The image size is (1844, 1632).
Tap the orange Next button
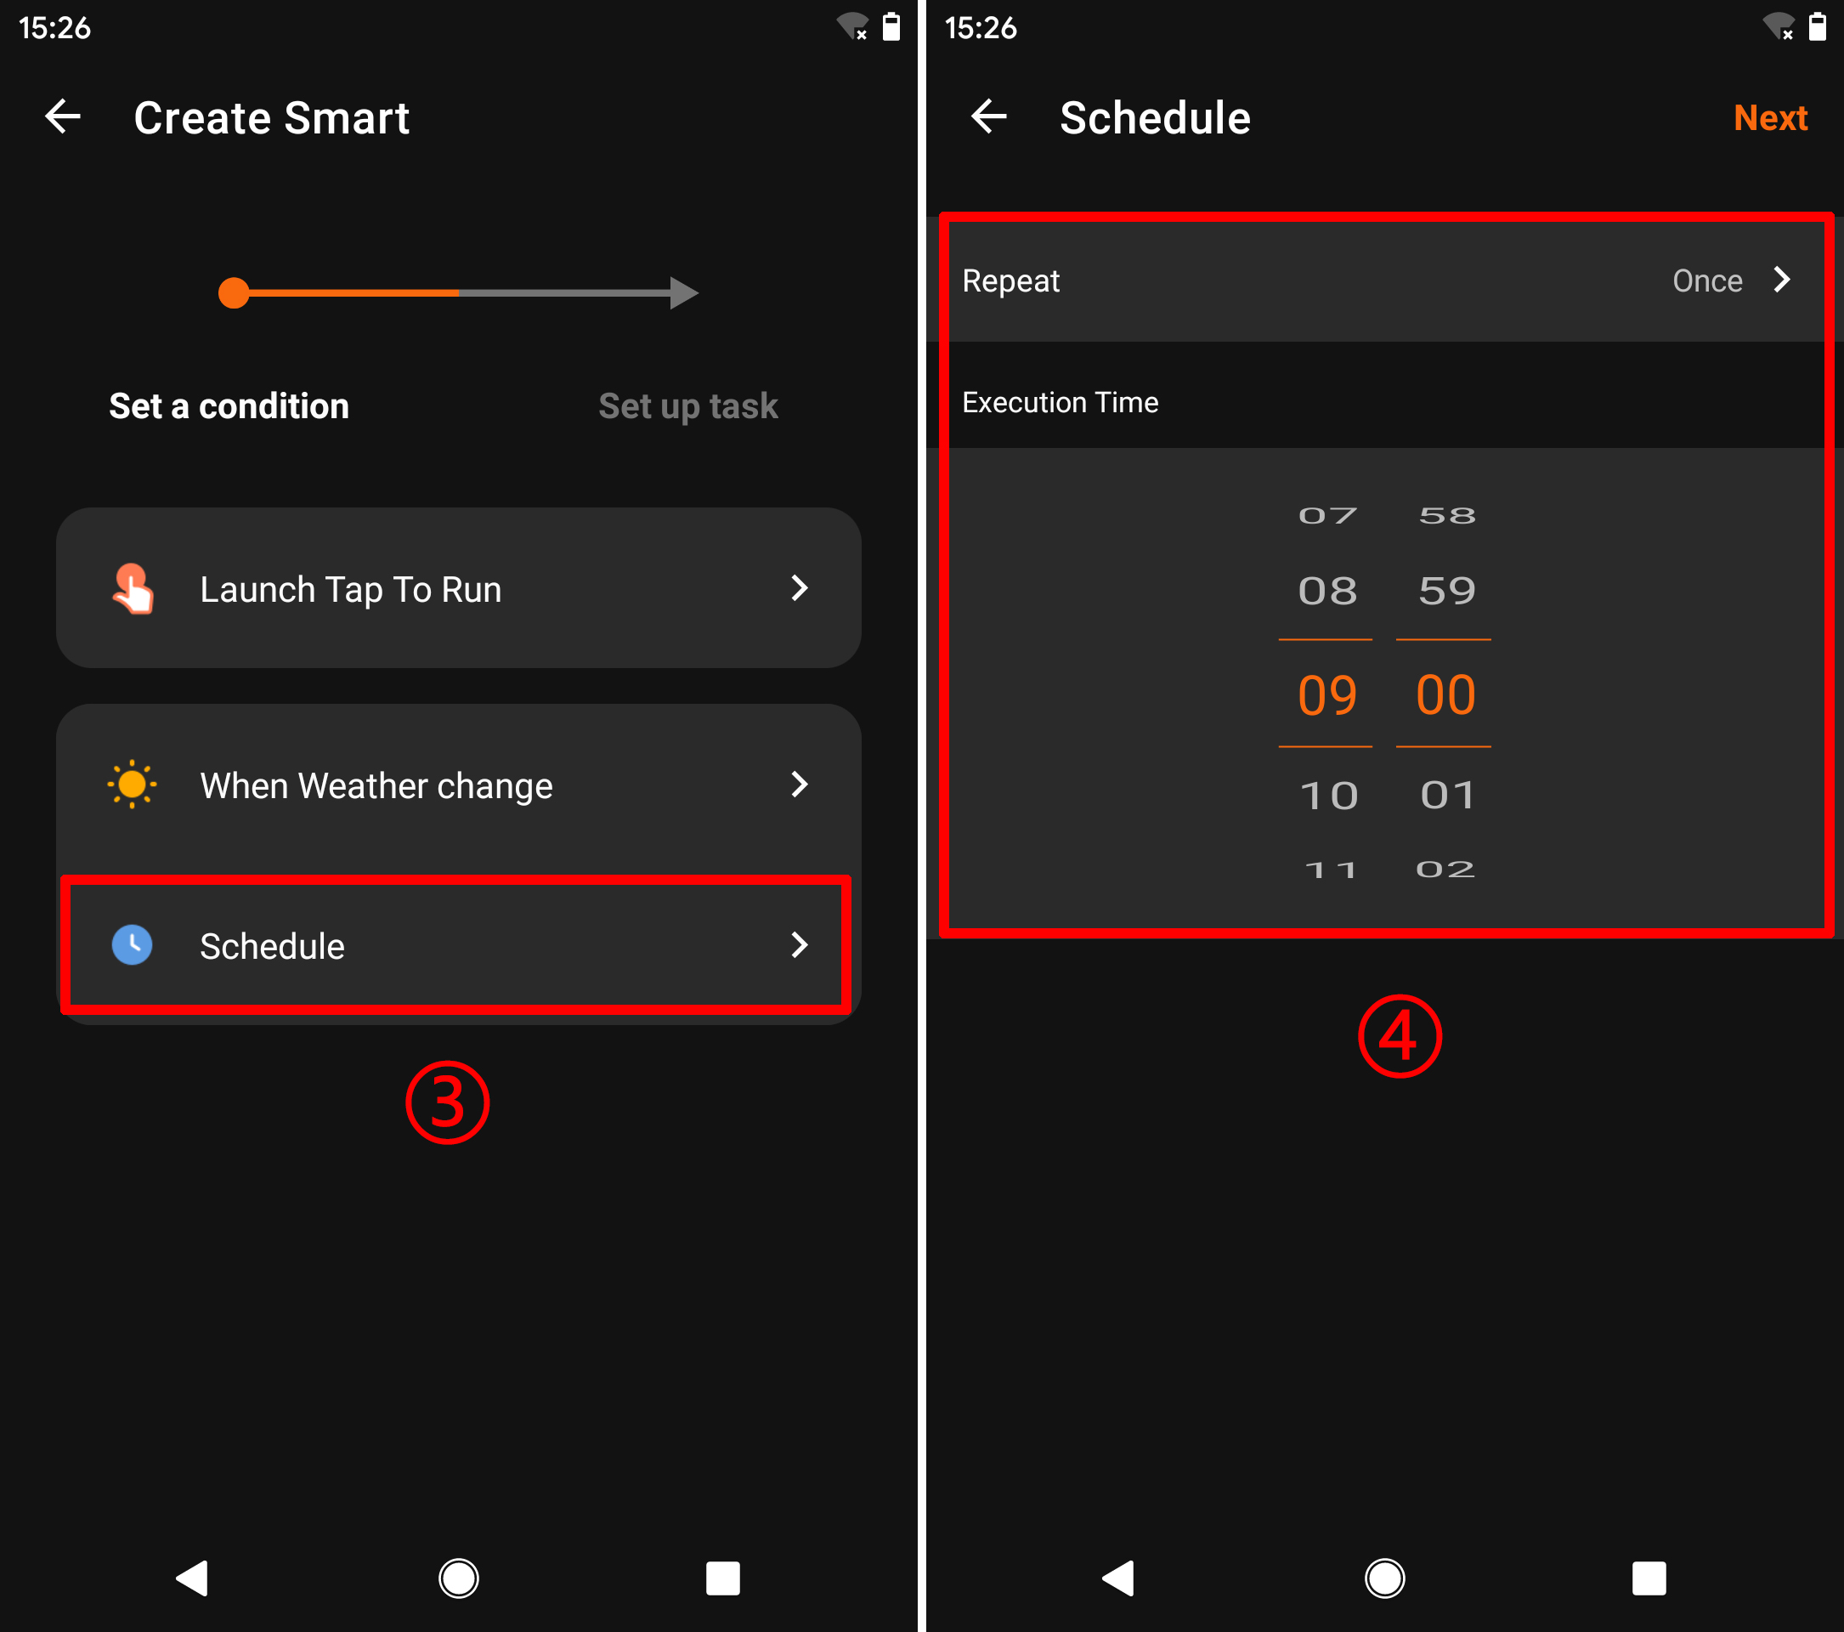[1769, 118]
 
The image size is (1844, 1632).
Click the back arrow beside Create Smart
[63, 116]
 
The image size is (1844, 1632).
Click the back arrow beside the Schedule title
[989, 116]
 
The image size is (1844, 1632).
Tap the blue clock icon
[132, 944]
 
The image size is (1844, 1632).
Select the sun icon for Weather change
[132, 784]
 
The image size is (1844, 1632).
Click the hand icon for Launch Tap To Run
[132, 588]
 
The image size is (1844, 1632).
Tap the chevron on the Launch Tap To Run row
[799, 588]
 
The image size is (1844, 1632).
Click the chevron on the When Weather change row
[799, 784]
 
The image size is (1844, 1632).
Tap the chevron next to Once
[1781, 280]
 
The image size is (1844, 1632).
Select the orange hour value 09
[1326, 694]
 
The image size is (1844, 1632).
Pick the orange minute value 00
[1445, 694]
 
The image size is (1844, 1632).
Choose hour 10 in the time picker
[1328, 796]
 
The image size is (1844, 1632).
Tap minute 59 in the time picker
[1446, 591]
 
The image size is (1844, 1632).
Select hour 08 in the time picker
[1327, 591]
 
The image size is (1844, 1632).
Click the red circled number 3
[447, 1102]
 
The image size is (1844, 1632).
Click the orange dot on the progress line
[234, 293]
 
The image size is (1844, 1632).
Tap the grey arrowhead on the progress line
[684, 293]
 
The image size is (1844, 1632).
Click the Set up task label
[687, 406]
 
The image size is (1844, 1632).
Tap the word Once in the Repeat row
[1706, 280]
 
